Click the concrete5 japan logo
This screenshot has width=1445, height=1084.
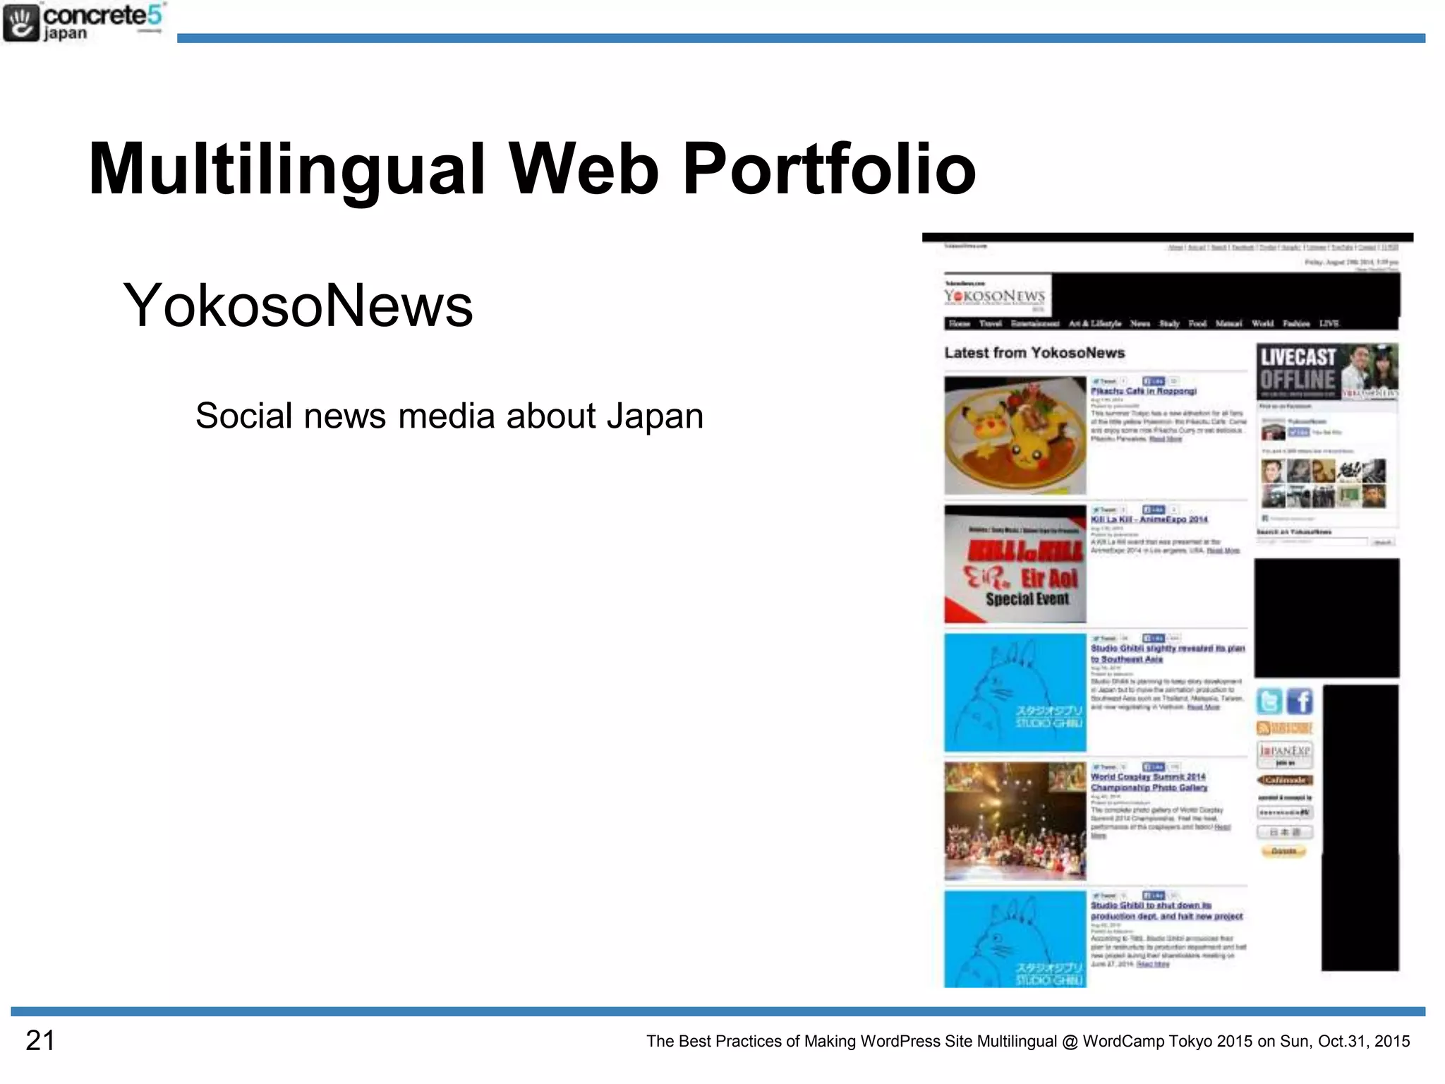(83, 23)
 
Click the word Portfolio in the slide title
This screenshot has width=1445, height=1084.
(829, 169)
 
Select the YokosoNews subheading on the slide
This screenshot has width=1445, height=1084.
(298, 305)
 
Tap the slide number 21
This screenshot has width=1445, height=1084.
(40, 1040)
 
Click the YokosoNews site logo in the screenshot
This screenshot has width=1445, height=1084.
(995, 296)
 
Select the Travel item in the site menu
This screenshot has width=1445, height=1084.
(990, 323)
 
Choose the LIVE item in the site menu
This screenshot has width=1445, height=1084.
(1329, 323)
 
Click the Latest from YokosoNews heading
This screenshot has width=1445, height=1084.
(1034, 353)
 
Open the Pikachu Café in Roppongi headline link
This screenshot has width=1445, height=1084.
(1143, 391)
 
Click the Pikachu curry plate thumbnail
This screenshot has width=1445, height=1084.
(1015, 435)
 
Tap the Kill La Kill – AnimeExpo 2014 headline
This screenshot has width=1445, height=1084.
(1149, 519)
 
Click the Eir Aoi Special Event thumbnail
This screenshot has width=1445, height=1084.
(1015, 564)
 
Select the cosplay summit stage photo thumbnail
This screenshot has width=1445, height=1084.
(1015, 821)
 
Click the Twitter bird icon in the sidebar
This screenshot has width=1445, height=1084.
(1269, 701)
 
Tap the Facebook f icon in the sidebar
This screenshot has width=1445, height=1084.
(1299, 701)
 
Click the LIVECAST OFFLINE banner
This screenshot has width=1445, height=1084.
(1326, 371)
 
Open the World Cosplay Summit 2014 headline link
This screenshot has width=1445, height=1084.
(1149, 782)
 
